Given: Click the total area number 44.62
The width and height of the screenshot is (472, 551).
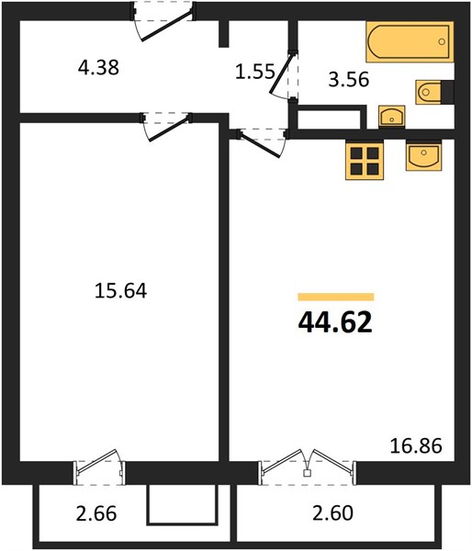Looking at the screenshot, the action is click(x=335, y=322).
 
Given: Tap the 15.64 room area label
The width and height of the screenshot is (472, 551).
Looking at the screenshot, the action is click(x=120, y=291).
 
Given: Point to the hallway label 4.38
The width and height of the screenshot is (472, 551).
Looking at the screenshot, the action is click(x=98, y=67).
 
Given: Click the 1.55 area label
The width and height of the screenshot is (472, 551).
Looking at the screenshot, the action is click(x=254, y=72).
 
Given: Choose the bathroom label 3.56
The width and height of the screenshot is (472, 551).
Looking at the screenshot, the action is click(x=349, y=79).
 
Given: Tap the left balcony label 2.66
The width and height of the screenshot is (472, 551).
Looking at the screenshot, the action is click(x=96, y=513).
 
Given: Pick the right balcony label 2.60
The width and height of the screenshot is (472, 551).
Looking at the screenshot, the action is click(x=332, y=512).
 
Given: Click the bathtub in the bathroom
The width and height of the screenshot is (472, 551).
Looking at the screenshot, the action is click(x=410, y=42).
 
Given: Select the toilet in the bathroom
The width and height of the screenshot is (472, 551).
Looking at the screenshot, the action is click(x=434, y=93).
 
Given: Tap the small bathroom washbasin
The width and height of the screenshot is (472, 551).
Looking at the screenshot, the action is click(x=391, y=117).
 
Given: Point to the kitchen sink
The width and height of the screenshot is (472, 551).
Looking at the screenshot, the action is click(x=423, y=156).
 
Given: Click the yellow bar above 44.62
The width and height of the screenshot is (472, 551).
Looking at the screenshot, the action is click(x=336, y=297).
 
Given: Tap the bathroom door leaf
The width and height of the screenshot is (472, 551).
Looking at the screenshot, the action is click(x=282, y=74).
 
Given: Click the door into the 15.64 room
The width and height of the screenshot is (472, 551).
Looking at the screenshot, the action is click(x=166, y=127).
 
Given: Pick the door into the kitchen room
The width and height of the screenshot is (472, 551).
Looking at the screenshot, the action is click(x=262, y=143).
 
